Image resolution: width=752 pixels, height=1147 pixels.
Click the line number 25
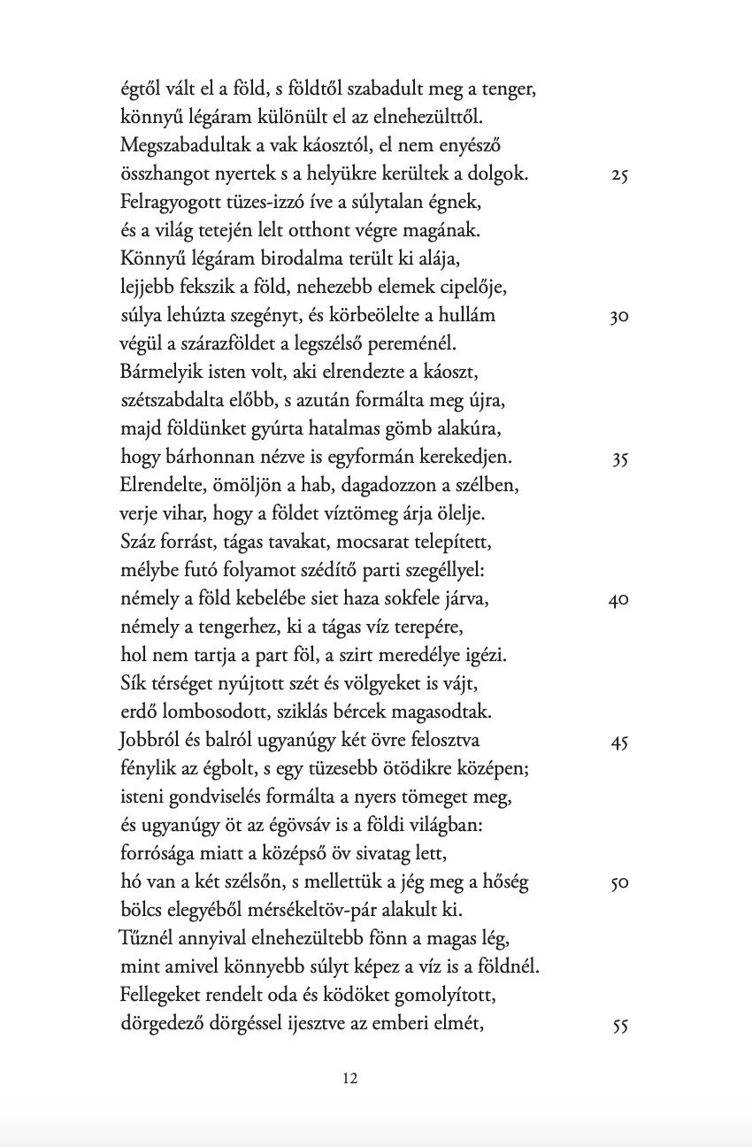[x=619, y=175]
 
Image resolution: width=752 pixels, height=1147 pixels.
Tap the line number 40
[x=618, y=600]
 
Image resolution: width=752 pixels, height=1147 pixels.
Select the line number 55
[x=619, y=1026]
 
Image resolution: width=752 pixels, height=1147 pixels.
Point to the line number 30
[x=619, y=317]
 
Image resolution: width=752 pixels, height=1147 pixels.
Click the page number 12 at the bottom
[x=349, y=1078]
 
